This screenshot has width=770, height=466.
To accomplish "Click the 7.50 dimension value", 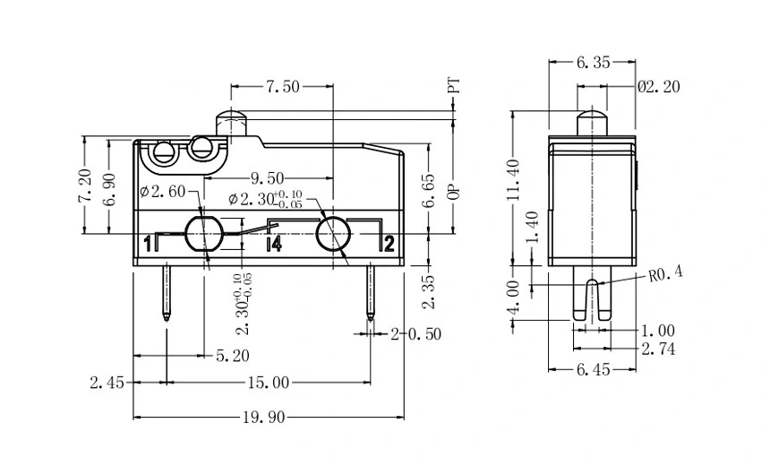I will pyautogui.click(x=282, y=87).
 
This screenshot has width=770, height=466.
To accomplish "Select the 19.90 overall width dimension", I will pyautogui.click(x=267, y=418).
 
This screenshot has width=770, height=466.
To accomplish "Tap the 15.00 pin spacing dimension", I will pyautogui.click(x=267, y=383).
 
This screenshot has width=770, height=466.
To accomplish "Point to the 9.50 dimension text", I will pyautogui.click(x=268, y=177).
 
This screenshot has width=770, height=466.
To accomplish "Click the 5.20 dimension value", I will pyautogui.click(x=233, y=356).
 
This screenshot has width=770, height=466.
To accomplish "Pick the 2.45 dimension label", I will pyautogui.click(x=106, y=383).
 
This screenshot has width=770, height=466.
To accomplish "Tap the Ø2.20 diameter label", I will pyautogui.click(x=659, y=87).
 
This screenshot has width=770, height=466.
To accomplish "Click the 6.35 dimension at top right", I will pyautogui.click(x=592, y=63).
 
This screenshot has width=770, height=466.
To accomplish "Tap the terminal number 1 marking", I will pyautogui.click(x=147, y=243).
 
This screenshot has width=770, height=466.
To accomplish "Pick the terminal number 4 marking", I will pyautogui.click(x=276, y=243).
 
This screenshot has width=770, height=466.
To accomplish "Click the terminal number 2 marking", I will pyautogui.click(x=389, y=243).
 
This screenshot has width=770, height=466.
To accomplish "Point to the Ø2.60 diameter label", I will pyautogui.click(x=163, y=190).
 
